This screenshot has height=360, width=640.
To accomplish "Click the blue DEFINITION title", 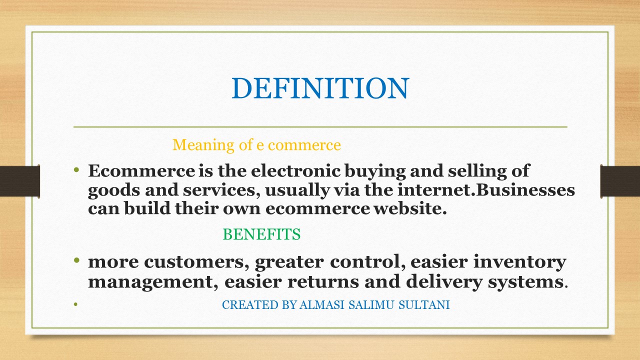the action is tap(320, 88).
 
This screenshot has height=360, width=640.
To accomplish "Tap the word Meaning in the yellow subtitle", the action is tap(203, 145).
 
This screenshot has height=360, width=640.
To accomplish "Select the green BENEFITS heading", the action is tap(261, 234).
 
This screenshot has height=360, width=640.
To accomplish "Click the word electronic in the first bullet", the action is tap(295, 170).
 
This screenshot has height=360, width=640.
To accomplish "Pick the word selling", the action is tap(475, 171).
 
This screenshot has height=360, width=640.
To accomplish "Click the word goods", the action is tap(114, 190).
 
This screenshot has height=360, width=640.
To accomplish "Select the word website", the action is tap(410, 208).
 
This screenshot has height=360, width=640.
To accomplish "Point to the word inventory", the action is tap(519, 262).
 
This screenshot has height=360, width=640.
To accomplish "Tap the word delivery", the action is tap(444, 282).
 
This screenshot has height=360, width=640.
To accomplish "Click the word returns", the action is tap(323, 282).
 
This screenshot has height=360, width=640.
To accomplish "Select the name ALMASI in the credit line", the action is tap(321, 305).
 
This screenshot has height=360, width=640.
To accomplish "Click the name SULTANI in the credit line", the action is tap(424, 305).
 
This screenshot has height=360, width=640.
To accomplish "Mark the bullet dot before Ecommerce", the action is tap(76, 169).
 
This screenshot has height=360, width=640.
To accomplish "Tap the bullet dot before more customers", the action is tap(76, 260).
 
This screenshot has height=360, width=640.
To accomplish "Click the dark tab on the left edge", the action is tap(19, 181).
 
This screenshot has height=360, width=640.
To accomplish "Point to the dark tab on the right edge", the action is tap(620, 181).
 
